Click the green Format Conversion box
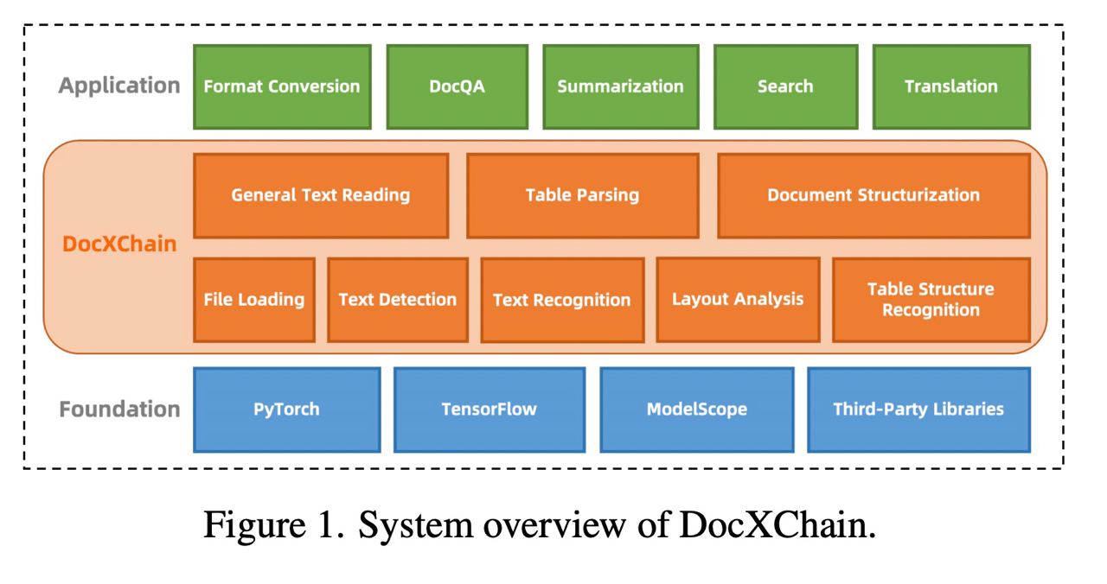(x=282, y=86)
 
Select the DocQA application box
(x=457, y=86)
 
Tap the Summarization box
(x=620, y=86)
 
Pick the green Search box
(x=785, y=86)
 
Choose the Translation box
(x=951, y=86)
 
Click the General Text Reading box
(x=321, y=195)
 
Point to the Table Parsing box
(x=582, y=195)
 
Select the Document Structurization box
(x=873, y=195)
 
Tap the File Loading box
(x=254, y=300)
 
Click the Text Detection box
(x=398, y=300)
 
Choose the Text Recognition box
(x=562, y=301)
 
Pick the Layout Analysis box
(x=738, y=299)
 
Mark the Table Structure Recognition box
(x=931, y=300)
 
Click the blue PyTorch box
(x=286, y=409)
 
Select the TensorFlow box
(x=489, y=409)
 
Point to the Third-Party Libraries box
(x=918, y=409)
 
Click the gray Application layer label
(x=120, y=86)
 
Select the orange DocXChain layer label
(x=119, y=244)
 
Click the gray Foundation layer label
(x=120, y=409)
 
